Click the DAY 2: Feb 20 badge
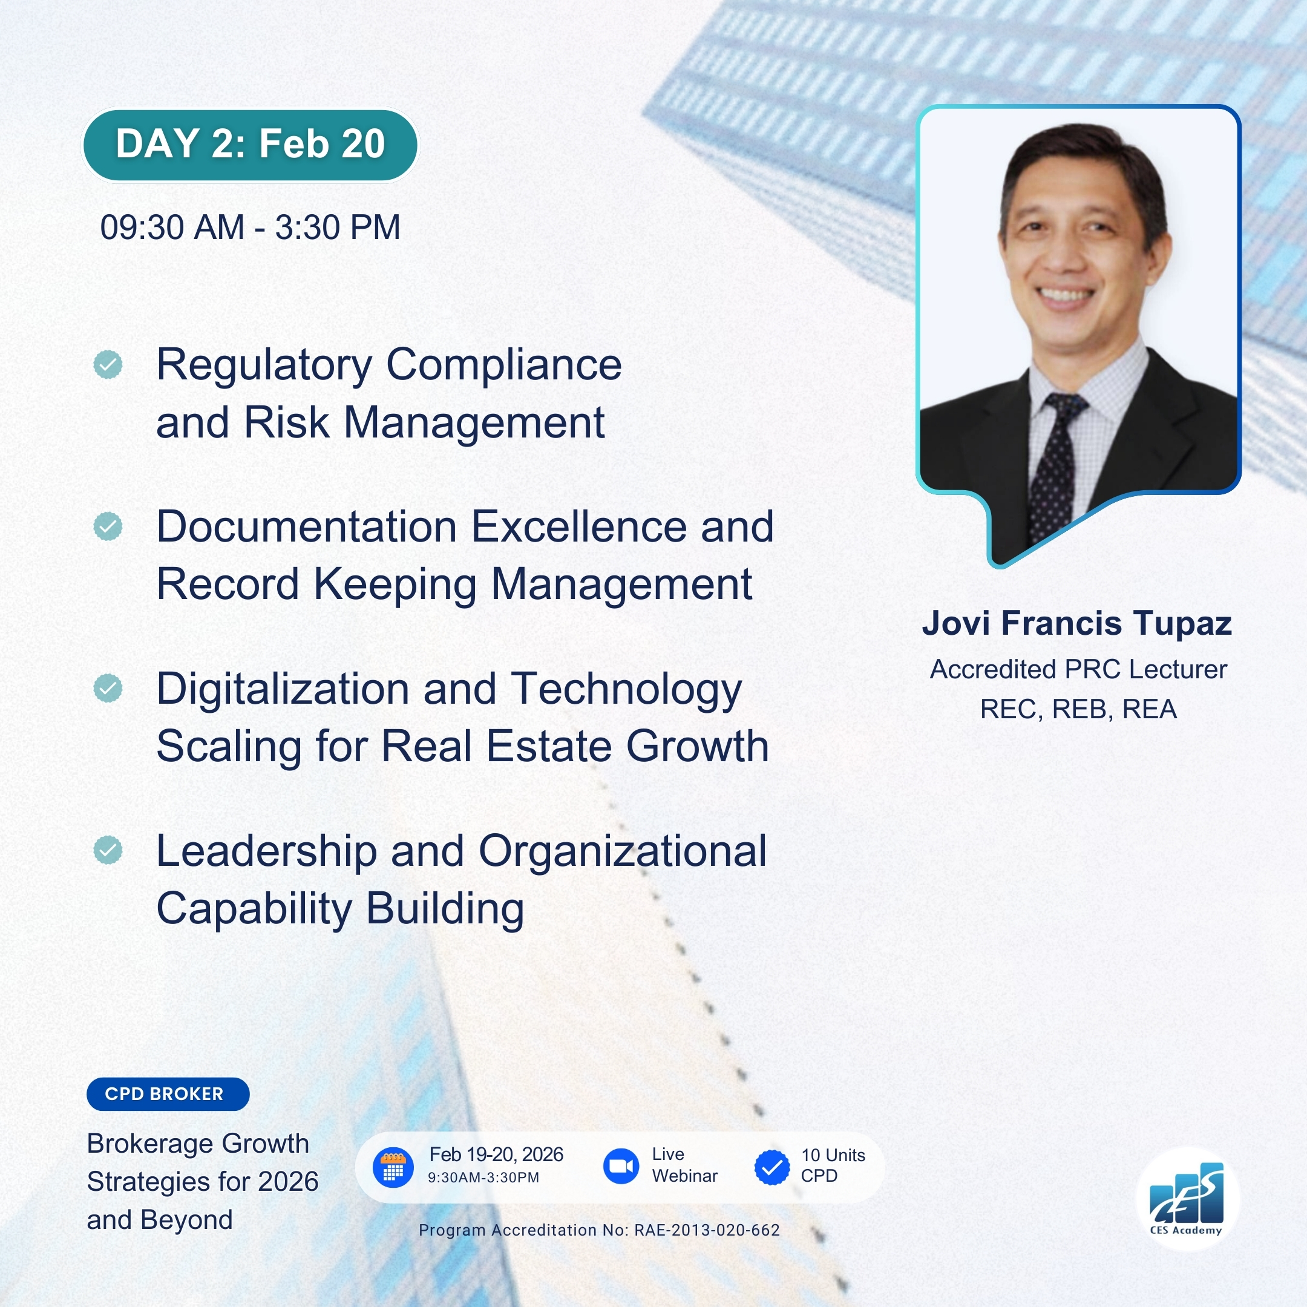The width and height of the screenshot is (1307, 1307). click(251, 145)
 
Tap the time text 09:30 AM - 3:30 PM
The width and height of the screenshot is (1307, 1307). click(251, 228)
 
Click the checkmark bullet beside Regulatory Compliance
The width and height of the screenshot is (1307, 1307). click(108, 365)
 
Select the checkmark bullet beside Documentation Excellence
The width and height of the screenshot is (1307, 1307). click(108, 526)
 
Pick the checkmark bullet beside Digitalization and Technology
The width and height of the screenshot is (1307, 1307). click(108, 688)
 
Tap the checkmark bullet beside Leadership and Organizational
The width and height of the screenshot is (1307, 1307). click(108, 850)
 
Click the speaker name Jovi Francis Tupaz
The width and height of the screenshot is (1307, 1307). click(1077, 624)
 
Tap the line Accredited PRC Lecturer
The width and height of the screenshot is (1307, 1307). click(1078, 670)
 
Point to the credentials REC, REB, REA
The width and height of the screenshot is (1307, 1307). click(1078, 710)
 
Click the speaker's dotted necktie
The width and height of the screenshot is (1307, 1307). click(1055, 467)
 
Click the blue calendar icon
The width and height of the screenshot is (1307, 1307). click(393, 1168)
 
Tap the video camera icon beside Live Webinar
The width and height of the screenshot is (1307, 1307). click(621, 1166)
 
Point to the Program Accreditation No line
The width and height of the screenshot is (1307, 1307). click(600, 1230)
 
